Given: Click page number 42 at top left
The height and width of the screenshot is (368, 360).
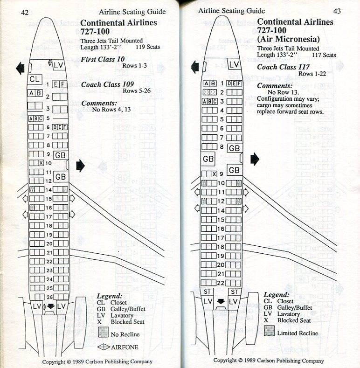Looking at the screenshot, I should (25, 13).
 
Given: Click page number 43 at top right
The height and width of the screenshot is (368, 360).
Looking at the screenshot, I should (337, 11).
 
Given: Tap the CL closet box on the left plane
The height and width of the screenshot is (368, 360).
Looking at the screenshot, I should (35, 79).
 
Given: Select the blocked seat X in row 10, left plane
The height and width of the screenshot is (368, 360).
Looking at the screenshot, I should (41, 163).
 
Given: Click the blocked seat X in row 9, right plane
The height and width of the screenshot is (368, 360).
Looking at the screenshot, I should (214, 174).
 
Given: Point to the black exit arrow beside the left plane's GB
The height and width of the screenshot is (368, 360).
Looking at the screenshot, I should (80, 164).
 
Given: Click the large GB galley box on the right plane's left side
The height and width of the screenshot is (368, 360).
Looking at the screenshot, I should (208, 159).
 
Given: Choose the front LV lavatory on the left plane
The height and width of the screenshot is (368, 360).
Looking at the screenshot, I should (59, 65).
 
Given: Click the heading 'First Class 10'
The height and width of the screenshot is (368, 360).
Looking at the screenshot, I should (103, 59).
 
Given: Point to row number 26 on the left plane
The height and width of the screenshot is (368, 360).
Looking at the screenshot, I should (48, 297).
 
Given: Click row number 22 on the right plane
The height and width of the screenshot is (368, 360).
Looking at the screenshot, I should (222, 283).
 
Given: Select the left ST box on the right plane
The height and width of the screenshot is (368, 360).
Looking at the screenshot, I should (208, 292).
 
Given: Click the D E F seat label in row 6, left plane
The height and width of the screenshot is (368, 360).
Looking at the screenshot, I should (59, 127).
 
